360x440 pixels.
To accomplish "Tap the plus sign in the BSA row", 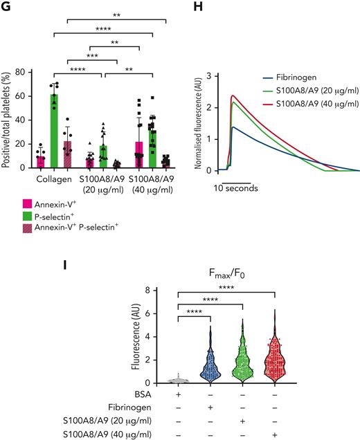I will [x=179, y=394].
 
